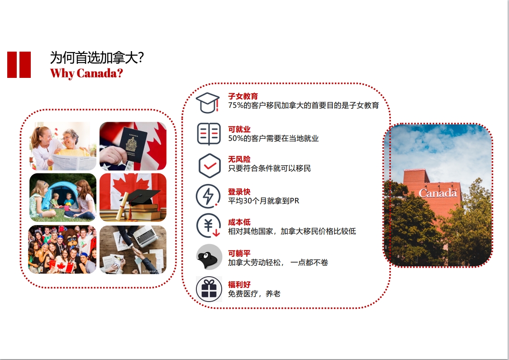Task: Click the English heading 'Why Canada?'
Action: [x=87, y=73]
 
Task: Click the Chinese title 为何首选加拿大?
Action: [x=97, y=58]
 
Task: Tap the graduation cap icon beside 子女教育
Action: [x=208, y=103]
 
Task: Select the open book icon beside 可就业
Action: [x=209, y=134]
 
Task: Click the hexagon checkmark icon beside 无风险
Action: [x=209, y=166]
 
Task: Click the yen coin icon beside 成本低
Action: [x=209, y=226]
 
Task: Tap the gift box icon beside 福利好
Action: [x=209, y=289]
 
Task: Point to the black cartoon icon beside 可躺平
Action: [x=209, y=257]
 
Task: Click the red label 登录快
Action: [x=239, y=192]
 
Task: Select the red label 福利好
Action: [x=239, y=285]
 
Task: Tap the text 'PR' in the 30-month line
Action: [x=295, y=201]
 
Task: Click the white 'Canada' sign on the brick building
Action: [x=438, y=193]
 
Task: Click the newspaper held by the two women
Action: [x=73, y=162]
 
